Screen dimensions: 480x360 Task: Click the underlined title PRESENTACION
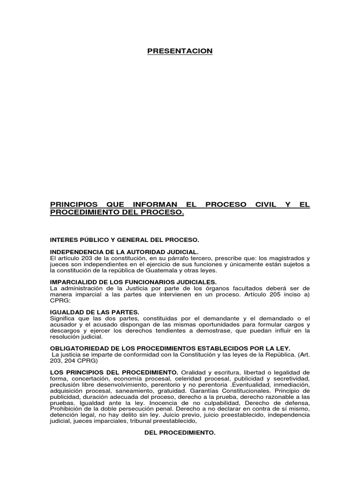pyautogui.click(x=180, y=51)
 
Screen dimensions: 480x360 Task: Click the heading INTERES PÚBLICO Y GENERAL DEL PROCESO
pyautogui.click(x=125, y=240)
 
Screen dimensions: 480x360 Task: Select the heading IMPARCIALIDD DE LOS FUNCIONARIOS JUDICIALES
pyautogui.click(x=134, y=282)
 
